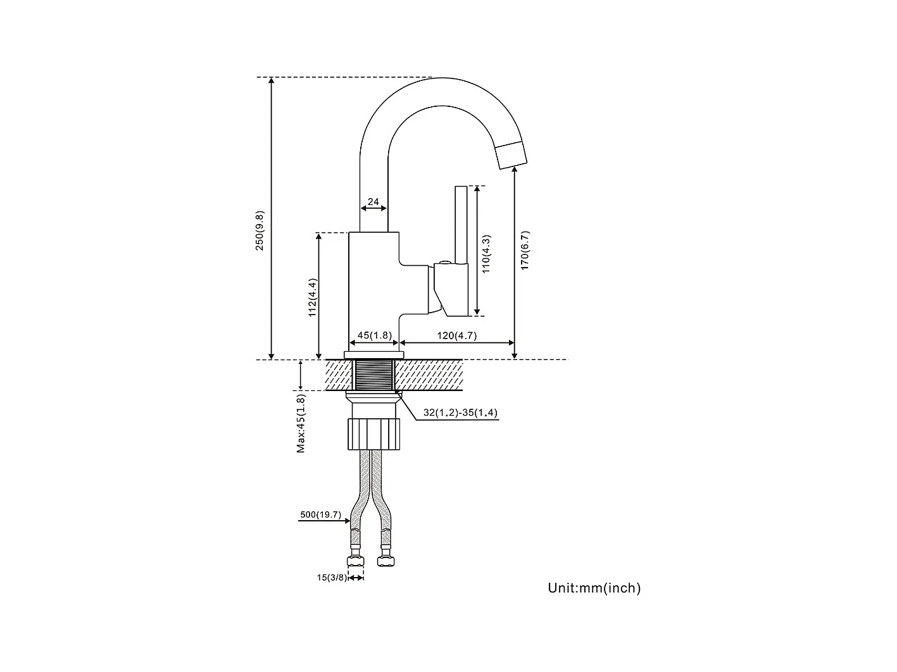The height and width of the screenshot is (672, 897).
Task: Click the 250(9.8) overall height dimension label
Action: click(260, 230)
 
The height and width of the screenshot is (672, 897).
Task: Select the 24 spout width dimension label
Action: click(373, 202)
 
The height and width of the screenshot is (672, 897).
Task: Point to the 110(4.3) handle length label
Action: click(486, 254)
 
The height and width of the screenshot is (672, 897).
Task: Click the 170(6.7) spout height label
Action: click(525, 251)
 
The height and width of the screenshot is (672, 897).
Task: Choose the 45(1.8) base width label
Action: click(375, 335)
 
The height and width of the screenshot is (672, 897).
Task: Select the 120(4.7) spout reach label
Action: click(456, 335)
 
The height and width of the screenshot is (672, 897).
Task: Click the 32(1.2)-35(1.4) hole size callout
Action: click(460, 413)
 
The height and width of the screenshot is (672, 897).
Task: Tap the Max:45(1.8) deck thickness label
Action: click(301, 423)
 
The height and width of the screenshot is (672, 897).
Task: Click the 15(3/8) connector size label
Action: click(332, 577)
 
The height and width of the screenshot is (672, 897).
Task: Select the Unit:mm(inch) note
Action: click(594, 588)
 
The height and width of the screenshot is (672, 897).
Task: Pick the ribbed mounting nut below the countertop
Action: click(375, 433)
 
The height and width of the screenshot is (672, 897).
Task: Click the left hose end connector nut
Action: click(355, 561)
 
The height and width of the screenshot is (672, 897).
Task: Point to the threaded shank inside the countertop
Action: click(375, 375)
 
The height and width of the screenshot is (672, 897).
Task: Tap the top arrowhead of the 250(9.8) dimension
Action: click(272, 81)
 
